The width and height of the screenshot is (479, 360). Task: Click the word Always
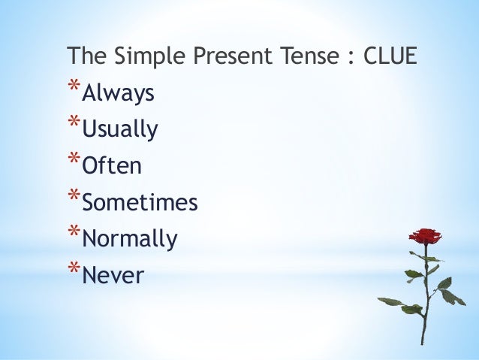118,94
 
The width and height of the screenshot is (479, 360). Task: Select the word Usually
120,130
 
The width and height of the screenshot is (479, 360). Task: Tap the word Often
111,166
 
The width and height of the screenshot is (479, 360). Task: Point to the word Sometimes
139,202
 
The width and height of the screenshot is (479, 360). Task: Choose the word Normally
129,239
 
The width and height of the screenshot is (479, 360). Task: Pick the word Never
112,276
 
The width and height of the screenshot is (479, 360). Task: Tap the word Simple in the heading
137,58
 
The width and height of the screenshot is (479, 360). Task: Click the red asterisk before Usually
73,123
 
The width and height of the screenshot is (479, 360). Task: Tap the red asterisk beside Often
73,159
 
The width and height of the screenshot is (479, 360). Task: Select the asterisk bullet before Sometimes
73,195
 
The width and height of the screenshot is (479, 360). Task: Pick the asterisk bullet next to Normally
73,232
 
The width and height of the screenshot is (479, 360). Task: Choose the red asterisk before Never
73,268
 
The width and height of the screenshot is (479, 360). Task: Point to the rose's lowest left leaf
390,301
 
